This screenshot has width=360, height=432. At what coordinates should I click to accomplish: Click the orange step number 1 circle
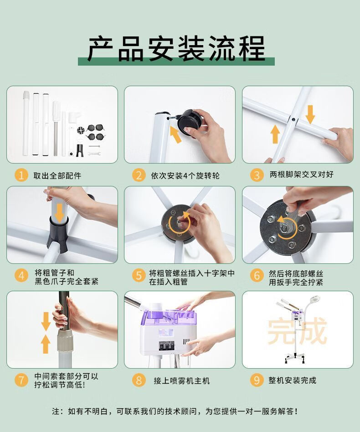(x=21, y=175)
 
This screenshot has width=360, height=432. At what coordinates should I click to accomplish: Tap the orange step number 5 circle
(x=139, y=275)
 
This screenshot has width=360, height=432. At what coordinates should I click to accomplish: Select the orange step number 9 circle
(x=257, y=380)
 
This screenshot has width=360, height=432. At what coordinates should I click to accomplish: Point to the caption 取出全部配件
(x=57, y=175)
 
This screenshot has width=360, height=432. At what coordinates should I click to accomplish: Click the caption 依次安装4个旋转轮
(x=185, y=175)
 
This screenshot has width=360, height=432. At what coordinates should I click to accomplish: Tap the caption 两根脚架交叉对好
(x=301, y=175)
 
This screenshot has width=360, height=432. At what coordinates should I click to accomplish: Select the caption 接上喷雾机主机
(x=182, y=381)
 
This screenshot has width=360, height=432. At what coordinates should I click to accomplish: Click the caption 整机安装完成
(x=292, y=381)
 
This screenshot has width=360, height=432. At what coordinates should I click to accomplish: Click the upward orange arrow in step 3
(x=275, y=134)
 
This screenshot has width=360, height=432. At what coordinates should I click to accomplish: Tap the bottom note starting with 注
(x=175, y=411)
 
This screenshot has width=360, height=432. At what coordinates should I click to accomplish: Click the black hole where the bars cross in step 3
(x=293, y=120)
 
